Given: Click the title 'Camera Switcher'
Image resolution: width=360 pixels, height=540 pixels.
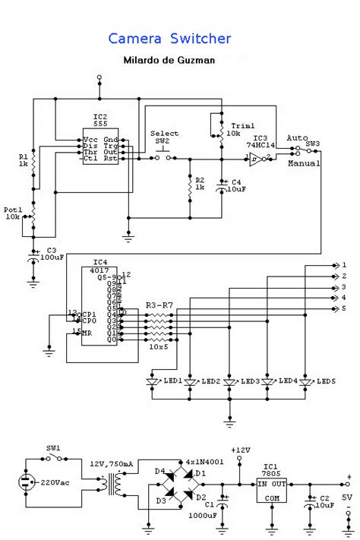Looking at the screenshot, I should [169, 38].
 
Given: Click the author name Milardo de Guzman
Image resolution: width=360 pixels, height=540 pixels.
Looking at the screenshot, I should [170, 59].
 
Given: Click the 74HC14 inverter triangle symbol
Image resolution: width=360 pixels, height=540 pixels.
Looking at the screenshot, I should [256, 159].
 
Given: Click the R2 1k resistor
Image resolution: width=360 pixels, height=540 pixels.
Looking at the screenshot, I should [189, 186].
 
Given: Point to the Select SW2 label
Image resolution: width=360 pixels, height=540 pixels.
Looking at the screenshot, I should [165, 137].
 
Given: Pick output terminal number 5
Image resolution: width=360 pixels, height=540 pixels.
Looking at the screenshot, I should [343, 308].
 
